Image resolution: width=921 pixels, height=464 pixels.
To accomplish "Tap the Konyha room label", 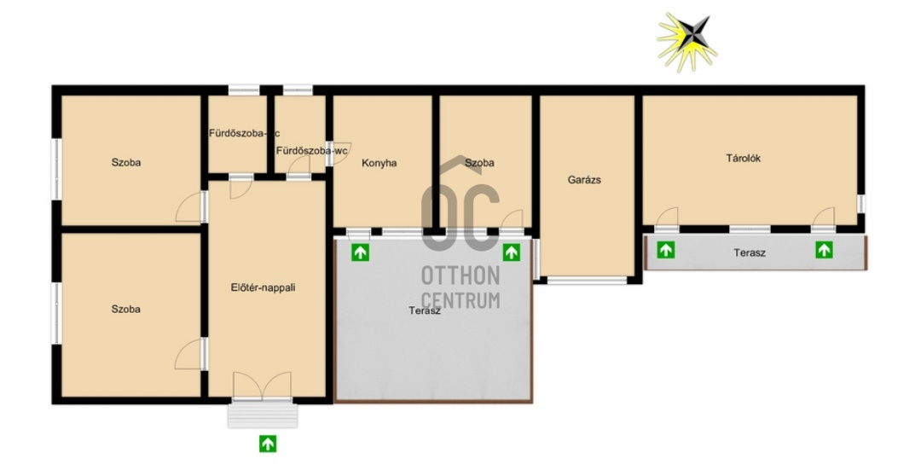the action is (379, 163).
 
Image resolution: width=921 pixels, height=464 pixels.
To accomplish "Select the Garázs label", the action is (584, 180).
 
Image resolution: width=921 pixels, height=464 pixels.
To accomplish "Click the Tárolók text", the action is (743, 158).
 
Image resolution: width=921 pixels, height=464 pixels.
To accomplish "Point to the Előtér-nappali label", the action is (263, 287).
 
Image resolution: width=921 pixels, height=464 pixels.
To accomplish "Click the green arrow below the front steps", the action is (268, 444).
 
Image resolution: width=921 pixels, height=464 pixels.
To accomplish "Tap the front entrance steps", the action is (263, 413).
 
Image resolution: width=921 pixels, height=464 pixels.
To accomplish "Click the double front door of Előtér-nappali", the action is (262, 386).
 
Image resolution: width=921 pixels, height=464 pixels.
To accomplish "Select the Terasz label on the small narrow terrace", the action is (749, 253).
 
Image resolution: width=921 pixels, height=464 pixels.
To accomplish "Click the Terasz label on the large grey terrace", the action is (425, 311).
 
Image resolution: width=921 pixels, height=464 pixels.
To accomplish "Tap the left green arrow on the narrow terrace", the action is (665, 250).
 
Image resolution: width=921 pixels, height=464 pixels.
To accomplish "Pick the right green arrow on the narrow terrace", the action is (824, 250).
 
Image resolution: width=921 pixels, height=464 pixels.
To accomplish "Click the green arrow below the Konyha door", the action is (360, 253).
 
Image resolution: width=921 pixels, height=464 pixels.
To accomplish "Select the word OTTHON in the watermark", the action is (460, 275).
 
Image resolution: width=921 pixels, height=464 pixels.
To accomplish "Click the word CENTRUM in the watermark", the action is (460, 299).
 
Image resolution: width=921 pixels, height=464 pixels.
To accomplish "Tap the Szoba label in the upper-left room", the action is (126, 163).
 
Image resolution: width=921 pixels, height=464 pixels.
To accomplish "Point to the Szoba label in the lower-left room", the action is (126, 310).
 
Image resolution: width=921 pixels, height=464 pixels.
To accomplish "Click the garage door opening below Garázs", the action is (587, 280).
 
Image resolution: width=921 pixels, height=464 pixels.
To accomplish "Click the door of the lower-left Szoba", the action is (191, 354).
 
